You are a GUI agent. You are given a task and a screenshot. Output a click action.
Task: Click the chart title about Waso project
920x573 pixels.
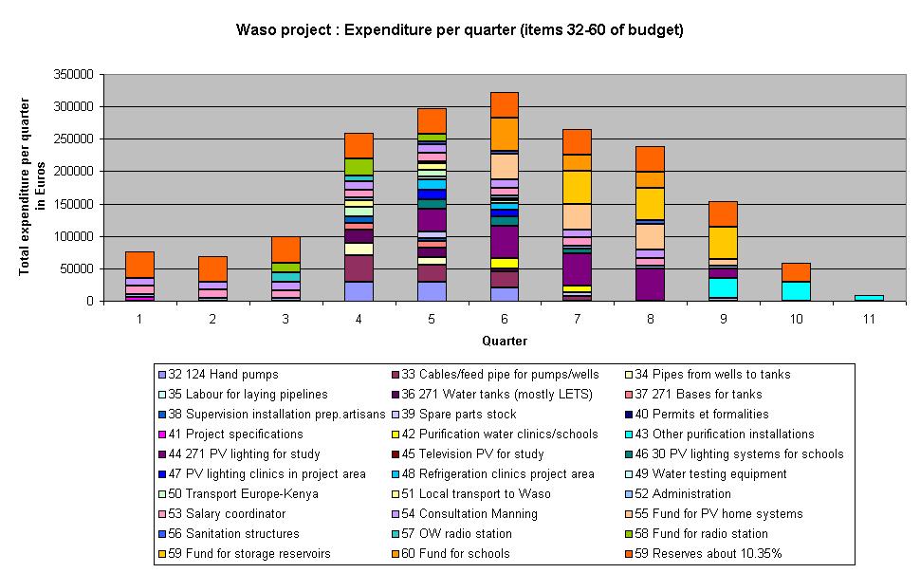point(459,29)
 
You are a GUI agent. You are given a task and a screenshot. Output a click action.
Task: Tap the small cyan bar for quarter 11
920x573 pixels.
point(870,298)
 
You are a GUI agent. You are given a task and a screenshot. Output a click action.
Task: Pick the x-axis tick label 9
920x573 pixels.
point(724,321)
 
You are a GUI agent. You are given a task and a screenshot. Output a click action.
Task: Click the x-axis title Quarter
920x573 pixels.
point(505,341)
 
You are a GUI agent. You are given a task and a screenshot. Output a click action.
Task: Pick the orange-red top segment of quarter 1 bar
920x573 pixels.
point(139,265)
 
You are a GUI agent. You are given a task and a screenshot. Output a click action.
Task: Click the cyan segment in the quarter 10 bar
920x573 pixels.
point(797,291)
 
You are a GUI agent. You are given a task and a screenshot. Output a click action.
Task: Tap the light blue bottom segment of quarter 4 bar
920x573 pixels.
point(359,291)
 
